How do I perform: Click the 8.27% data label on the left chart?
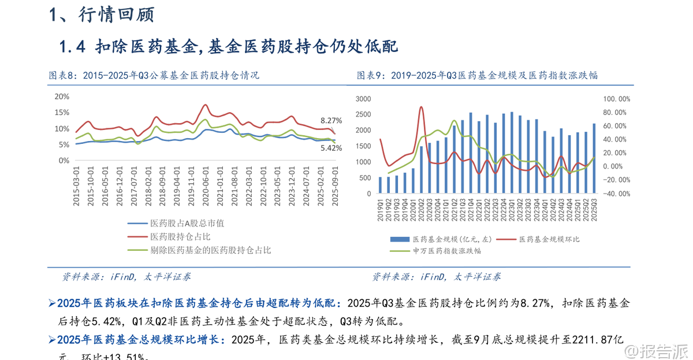tap(331, 121)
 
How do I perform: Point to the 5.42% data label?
tap(331, 148)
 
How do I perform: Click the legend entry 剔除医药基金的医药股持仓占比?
tap(210, 250)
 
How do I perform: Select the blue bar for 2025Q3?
tap(594, 158)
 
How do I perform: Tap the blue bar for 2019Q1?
tap(380, 184)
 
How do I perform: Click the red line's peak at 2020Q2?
tap(421, 107)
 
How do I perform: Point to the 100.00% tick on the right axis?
tap(617, 99)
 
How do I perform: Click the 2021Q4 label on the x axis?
tap(471, 205)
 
